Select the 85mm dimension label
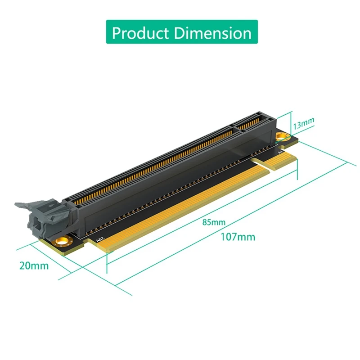214,222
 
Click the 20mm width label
34,265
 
